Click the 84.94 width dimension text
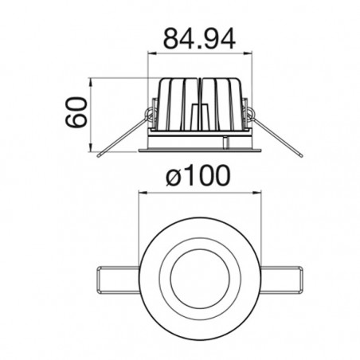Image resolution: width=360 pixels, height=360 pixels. pos(199,39)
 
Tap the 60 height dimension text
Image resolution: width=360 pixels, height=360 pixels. pos(76,112)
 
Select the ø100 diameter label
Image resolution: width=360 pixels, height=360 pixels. pos(198,175)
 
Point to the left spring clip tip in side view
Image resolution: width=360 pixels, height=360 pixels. pos(99,155)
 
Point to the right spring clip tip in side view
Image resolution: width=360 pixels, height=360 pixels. pos(301,155)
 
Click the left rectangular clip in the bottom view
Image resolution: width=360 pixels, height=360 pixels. pos(118,280)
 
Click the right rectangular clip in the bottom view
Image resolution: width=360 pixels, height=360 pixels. pos(282,280)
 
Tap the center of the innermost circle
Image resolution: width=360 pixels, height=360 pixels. pos(200,279)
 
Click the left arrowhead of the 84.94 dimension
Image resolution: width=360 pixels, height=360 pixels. pos(152,53)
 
